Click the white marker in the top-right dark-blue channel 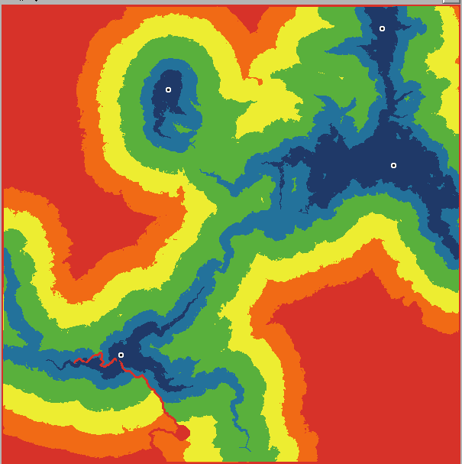click(382, 28)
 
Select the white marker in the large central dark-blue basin click(393, 165)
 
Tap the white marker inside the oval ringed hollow click(169, 89)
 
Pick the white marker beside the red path click(121, 355)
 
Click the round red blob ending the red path click(182, 433)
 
